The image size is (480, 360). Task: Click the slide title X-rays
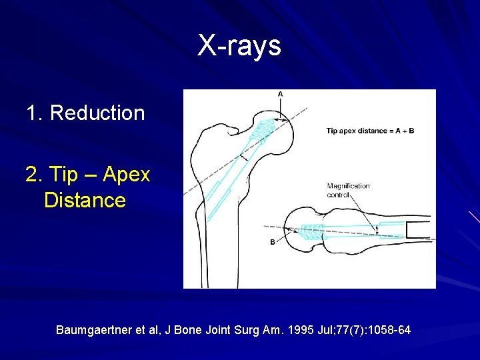(x=239, y=46)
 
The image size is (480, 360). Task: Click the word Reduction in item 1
(x=97, y=113)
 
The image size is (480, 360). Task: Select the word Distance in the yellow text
(x=85, y=200)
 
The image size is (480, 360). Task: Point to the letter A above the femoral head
(x=280, y=95)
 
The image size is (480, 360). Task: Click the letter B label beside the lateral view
(x=272, y=242)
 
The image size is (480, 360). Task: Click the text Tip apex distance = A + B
(x=370, y=131)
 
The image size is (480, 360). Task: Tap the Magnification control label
(x=348, y=190)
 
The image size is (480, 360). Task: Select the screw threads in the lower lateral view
(x=312, y=232)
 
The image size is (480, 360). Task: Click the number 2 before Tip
(x=31, y=175)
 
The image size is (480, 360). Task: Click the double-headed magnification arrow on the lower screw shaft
(x=379, y=230)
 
